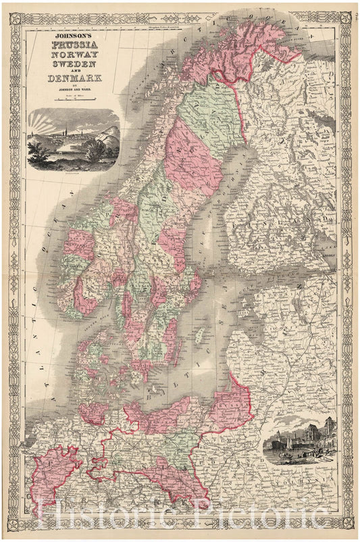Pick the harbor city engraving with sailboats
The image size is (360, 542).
coord(301,442)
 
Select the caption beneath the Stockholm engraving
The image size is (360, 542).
coord(73,173)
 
